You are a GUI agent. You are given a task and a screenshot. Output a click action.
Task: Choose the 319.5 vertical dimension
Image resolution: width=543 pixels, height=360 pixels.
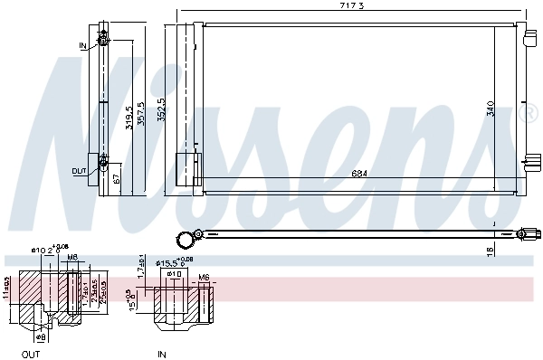[129, 115]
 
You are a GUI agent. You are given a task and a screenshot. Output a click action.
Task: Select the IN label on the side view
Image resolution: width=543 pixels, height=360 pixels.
[82, 44]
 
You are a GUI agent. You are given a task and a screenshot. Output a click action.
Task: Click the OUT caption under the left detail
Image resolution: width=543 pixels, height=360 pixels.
[31, 354]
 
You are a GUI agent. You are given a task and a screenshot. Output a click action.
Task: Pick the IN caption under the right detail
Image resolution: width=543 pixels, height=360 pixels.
[163, 354]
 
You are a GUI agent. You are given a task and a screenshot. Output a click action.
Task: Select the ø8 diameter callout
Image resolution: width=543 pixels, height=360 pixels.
[42, 336]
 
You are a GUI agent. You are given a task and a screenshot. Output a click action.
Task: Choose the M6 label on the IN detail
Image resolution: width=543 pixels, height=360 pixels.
[204, 277]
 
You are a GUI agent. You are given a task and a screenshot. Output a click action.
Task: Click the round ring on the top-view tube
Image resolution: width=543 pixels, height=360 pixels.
[186, 239]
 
